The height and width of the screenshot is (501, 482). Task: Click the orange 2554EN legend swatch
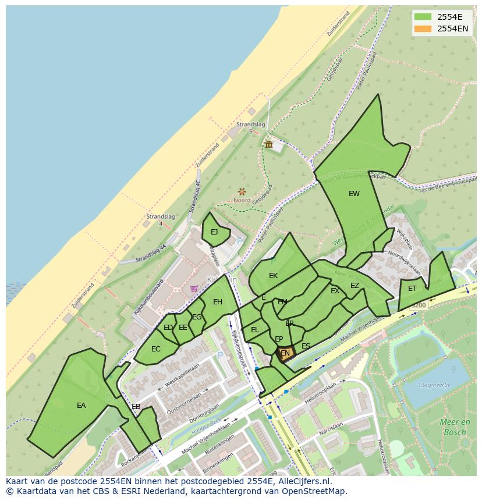423,29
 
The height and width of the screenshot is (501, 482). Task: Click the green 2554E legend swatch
423,16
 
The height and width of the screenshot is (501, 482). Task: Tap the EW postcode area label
354,194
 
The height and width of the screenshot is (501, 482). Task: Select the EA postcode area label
81,406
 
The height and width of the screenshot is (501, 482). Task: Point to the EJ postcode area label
214,232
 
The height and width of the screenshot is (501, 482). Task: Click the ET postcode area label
412,289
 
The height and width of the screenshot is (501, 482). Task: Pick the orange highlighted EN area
285,353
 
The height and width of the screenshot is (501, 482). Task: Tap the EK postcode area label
273,276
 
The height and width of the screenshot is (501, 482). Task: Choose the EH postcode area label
218,302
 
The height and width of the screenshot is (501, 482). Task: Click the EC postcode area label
155,349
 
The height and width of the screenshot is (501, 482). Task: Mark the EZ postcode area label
355,286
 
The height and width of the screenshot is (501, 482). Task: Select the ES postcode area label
306,346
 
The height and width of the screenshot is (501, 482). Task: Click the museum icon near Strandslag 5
268,144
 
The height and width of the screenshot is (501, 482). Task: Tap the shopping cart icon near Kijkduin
194,288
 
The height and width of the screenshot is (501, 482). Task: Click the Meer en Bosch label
455,427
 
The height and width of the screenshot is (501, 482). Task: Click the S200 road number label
418,305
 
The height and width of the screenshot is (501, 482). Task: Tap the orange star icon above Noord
242,191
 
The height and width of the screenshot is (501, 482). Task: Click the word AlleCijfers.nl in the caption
303,482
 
